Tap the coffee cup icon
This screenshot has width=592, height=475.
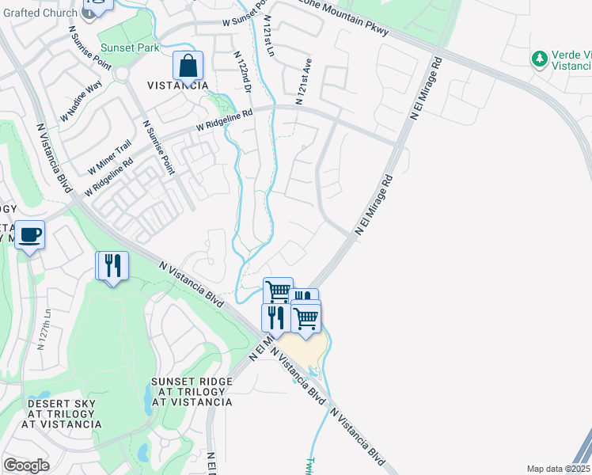[x=30, y=234]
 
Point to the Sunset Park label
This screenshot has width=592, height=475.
[x=129, y=48]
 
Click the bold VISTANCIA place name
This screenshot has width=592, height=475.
[x=178, y=85]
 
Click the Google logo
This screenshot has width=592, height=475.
[x=26, y=465]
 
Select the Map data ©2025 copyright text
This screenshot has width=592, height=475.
[x=557, y=469]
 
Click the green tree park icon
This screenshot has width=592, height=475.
[x=540, y=59]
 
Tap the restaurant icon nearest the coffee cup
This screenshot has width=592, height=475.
[x=112, y=265]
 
